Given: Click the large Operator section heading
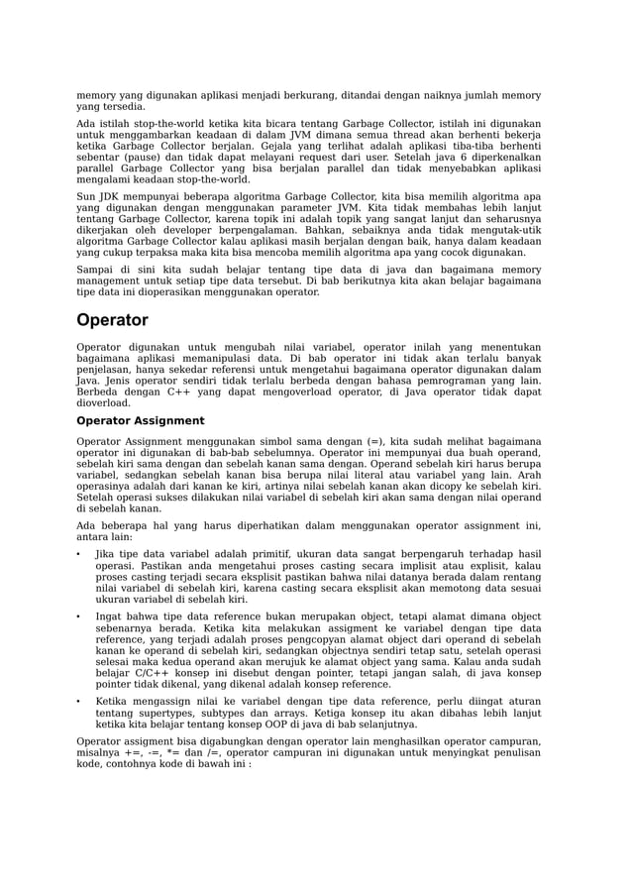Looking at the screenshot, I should pyautogui.click(x=112, y=320).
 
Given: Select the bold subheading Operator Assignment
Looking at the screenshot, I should pyautogui.click(x=140, y=420).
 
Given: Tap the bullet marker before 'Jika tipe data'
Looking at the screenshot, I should pyautogui.click(x=79, y=554).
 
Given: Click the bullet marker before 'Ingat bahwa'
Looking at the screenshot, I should pyautogui.click(x=79, y=616).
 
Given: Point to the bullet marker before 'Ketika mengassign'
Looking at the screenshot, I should pyautogui.click(x=79, y=700).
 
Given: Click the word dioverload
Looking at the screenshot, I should pyautogui.click(x=104, y=403).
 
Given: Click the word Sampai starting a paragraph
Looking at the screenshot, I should pyautogui.click(x=95, y=269).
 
